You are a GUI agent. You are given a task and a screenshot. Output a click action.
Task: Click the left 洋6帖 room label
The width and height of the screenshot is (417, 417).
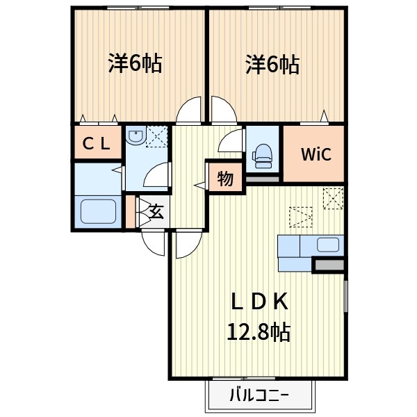(135, 64)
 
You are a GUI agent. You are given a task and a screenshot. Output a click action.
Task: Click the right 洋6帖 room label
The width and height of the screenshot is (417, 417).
(272, 65)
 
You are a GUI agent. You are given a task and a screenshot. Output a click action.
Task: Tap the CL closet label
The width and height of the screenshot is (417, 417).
(97, 144)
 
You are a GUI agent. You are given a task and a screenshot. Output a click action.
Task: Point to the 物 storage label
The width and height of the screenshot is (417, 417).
(224, 179)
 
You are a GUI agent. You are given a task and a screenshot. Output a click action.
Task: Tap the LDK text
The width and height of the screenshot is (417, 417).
(259, 301)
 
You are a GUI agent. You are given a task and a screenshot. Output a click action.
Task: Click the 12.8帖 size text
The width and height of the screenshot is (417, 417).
(259, 332)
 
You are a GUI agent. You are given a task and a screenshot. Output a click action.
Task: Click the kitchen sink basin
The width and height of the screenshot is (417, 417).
(327, 245)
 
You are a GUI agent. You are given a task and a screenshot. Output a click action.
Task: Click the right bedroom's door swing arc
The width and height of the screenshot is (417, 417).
(224, 112)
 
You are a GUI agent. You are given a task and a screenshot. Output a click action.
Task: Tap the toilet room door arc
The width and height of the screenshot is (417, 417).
(229, 142)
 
